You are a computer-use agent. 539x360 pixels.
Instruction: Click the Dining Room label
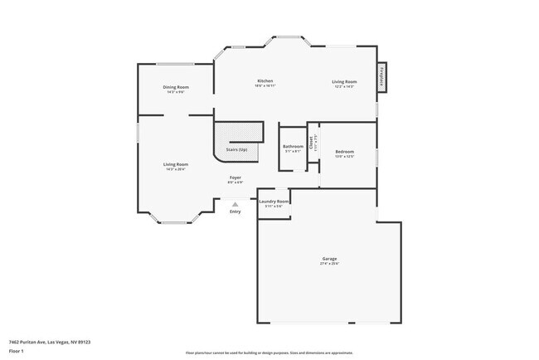pyautogui.click(x=176, y=87)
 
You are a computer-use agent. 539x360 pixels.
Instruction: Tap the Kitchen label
pyautogui.click(x=265, y=80)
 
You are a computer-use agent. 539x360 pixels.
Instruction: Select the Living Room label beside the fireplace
pyautogui.click(x=345, y=81)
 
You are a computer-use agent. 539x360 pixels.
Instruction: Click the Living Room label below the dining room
pyautogui.click(x=176, y=164)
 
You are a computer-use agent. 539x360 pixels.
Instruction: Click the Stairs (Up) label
pyautogui.click(x=236, y=149)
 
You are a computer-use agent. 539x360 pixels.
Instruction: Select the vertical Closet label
pyautogui.click(x=311, y=143)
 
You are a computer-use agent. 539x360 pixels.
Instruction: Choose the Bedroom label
pyautogui.click(x=345, y=152)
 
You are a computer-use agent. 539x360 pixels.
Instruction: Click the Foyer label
pyautogui.click(x=236, y=178)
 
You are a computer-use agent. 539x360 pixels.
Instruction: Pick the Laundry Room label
pyautogui.click(x=274, y=202)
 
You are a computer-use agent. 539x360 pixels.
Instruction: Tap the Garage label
pyautogui.click(x=329, y=259)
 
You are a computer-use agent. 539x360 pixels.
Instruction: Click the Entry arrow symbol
pyautogui.click(x=236, y=203)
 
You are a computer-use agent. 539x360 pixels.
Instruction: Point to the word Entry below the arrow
pyautogui.click(x=236, y=212)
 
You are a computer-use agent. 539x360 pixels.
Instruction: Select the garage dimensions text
pyautogui.click(x=329, y=264)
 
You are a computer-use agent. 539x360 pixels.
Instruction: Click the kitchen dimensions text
pyautogui.click(x=265, y=85)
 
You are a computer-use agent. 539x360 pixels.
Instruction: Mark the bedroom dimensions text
pyautogui.click(x=345, y=157)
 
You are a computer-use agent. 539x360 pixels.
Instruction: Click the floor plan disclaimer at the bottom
pyautogui.click(x=269, y=353)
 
